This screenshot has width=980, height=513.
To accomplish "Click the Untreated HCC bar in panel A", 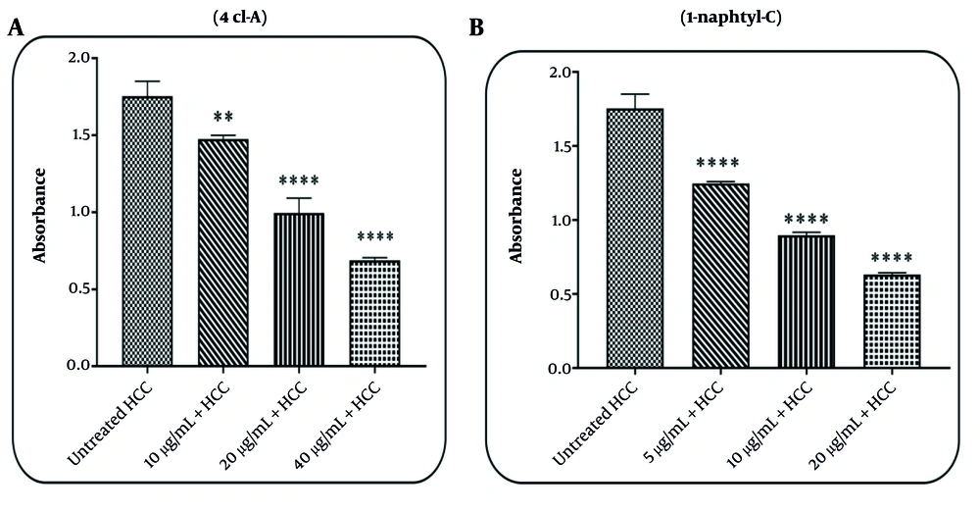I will [147, 231].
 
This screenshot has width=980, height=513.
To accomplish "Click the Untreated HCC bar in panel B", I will [636, 238].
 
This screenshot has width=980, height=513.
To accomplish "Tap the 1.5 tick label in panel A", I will [82, 134].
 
